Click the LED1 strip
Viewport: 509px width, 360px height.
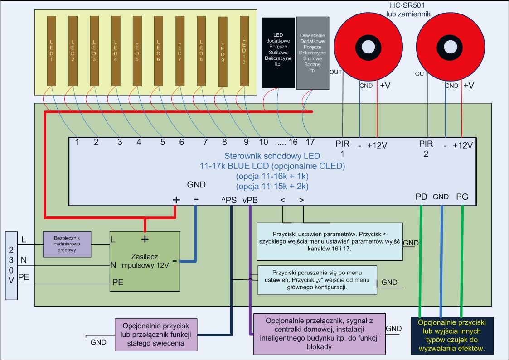52,51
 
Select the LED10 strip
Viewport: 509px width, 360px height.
244,51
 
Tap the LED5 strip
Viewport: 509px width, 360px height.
137,51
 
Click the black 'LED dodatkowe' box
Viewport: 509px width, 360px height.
278,53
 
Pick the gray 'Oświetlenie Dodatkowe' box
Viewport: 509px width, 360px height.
313,53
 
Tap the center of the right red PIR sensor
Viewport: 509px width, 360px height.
450,46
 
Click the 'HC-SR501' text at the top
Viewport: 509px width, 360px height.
407,5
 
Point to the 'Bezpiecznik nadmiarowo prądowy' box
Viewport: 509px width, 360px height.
67,244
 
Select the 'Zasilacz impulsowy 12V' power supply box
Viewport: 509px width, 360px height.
145,261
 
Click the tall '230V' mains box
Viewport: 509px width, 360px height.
11,265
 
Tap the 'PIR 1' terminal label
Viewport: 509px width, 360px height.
343,149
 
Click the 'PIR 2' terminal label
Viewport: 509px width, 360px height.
426,149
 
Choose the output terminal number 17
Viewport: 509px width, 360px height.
310,142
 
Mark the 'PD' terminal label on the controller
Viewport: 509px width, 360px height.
422,197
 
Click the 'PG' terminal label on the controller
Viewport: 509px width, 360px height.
462,197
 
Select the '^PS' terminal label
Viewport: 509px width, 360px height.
229,200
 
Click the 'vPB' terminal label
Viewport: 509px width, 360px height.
250,201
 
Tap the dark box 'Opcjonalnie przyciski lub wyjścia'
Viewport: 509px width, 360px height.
452,336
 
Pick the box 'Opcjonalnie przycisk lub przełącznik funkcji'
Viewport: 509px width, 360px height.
156,335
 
